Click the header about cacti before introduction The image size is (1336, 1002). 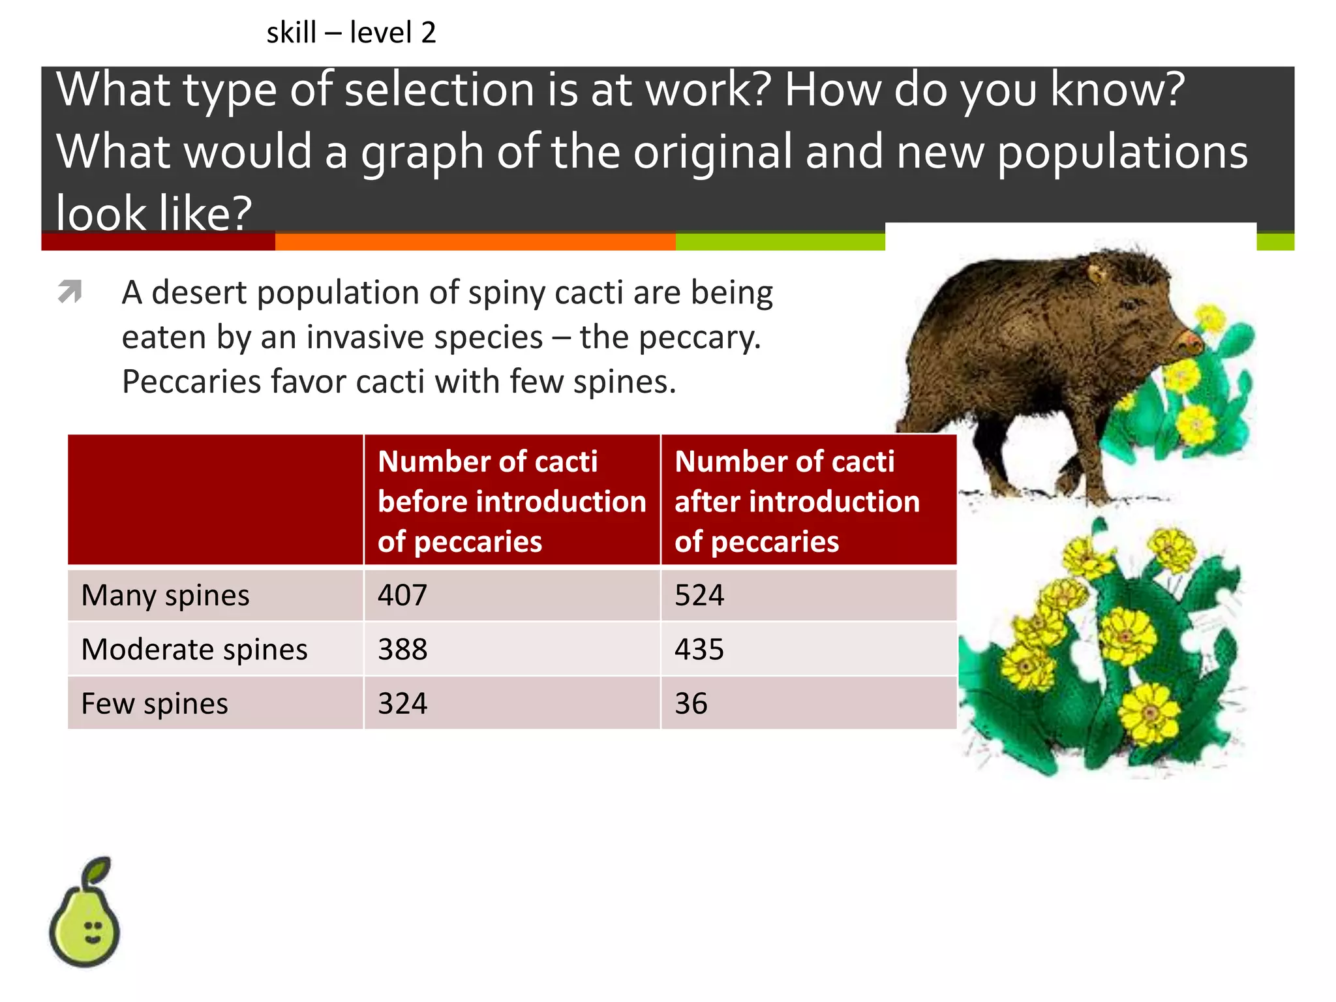pyautogui.click(x=511, y=500)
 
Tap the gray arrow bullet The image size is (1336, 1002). pyautogui.click(x=70, y=291)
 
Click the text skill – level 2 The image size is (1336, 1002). pyautogui.click(x=351, y=33)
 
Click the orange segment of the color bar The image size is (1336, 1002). pyautogui.click(x=475, y=242)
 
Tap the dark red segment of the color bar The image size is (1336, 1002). pyautogui.click(x=158, y=242)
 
